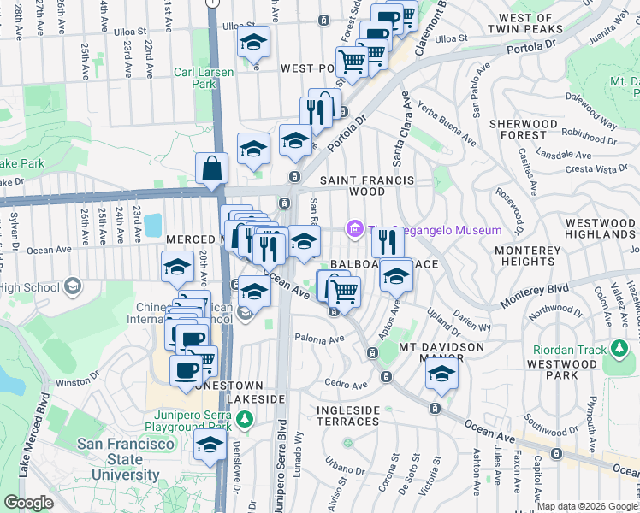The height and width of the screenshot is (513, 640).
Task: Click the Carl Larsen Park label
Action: pyautogui.click(x=203, y=79)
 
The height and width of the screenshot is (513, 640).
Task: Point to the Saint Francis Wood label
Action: pyautogui.click(x=367, y=186)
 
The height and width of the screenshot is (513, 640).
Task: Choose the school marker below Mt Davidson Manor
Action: pyautogui.click(x=441, y=374)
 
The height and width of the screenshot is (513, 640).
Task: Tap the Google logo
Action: pyautogui.click(x=28, y=503)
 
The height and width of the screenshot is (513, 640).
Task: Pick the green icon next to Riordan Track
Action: pyautogui.click(x=617, y=349)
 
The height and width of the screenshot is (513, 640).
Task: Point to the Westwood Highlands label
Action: pyautogui.click(x=600, y=227)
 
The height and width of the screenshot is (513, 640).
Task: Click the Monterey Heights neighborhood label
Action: pyautogui.click(x=527, y=257)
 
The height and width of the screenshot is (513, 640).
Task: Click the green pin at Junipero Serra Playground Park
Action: pyautogui.click(x=246, y=419)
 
